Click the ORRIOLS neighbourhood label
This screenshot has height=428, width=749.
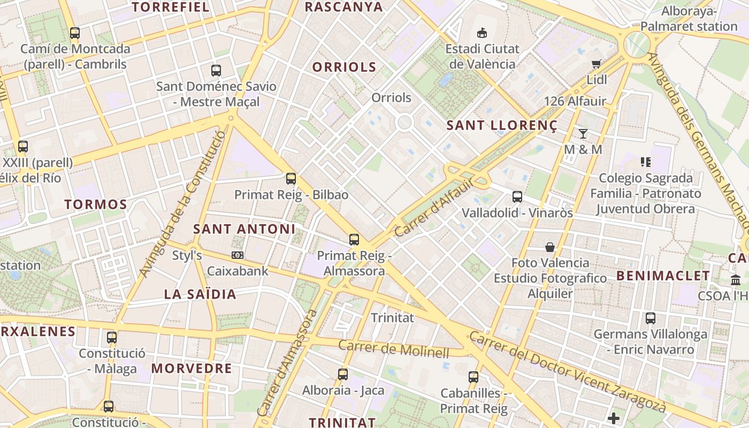[x=344, y=67]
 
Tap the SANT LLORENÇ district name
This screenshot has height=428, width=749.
[x=502, y=126]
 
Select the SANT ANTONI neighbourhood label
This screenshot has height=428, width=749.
[x=244, y=229]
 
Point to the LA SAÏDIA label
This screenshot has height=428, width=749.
[x=200, y=294]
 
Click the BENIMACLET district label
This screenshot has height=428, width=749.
[x=663, y=276]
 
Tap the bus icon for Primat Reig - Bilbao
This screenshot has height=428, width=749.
[x=291, y=179]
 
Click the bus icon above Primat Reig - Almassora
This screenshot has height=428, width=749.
[x=354, y=240]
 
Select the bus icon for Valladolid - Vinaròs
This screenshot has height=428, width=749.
[x=517, y=197]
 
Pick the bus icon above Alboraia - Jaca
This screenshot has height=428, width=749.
[x=343, y=374]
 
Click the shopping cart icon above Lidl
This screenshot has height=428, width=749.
[x=597, y=64]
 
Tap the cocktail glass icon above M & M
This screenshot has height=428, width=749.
[x=583, y=134]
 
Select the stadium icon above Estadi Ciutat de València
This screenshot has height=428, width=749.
[x=483, y=33]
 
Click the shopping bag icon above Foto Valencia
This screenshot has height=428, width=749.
[x=550, y=247]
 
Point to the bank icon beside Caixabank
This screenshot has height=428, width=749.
[x=238, y=256]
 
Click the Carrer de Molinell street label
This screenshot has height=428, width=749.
[x=394, y=349]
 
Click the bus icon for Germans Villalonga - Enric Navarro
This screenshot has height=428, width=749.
[x=651, y=318]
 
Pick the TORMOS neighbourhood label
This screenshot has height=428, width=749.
[x=96, y=204]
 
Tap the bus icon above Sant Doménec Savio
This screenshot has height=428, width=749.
[x=216, y=71]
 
